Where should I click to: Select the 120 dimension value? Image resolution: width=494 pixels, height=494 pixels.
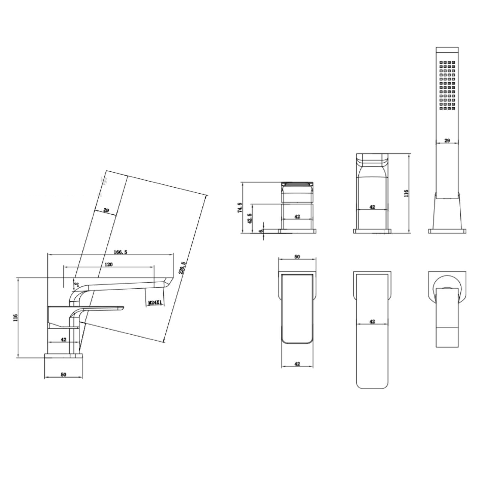[x=109, y=264]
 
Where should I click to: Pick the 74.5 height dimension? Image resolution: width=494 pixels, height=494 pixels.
[x=240, y=207]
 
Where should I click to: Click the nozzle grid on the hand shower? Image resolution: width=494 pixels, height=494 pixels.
[x=447, y=86]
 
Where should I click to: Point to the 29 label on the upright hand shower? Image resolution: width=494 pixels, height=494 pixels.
[x=447, y=140]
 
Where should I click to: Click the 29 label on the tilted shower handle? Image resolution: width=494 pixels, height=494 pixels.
[x=106, y=210]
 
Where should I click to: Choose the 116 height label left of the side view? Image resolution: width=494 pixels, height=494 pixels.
[x=15, y=318]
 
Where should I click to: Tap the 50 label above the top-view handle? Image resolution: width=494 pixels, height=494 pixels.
[x=297, y=256]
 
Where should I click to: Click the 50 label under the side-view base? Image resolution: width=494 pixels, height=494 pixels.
[x=63, y=374]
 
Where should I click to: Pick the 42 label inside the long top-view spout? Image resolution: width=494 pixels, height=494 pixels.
[x=372, y=321]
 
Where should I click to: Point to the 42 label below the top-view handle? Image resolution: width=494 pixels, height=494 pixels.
[x=297, y=364]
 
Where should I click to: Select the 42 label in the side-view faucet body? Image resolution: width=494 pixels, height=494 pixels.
[x=63, y=339]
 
